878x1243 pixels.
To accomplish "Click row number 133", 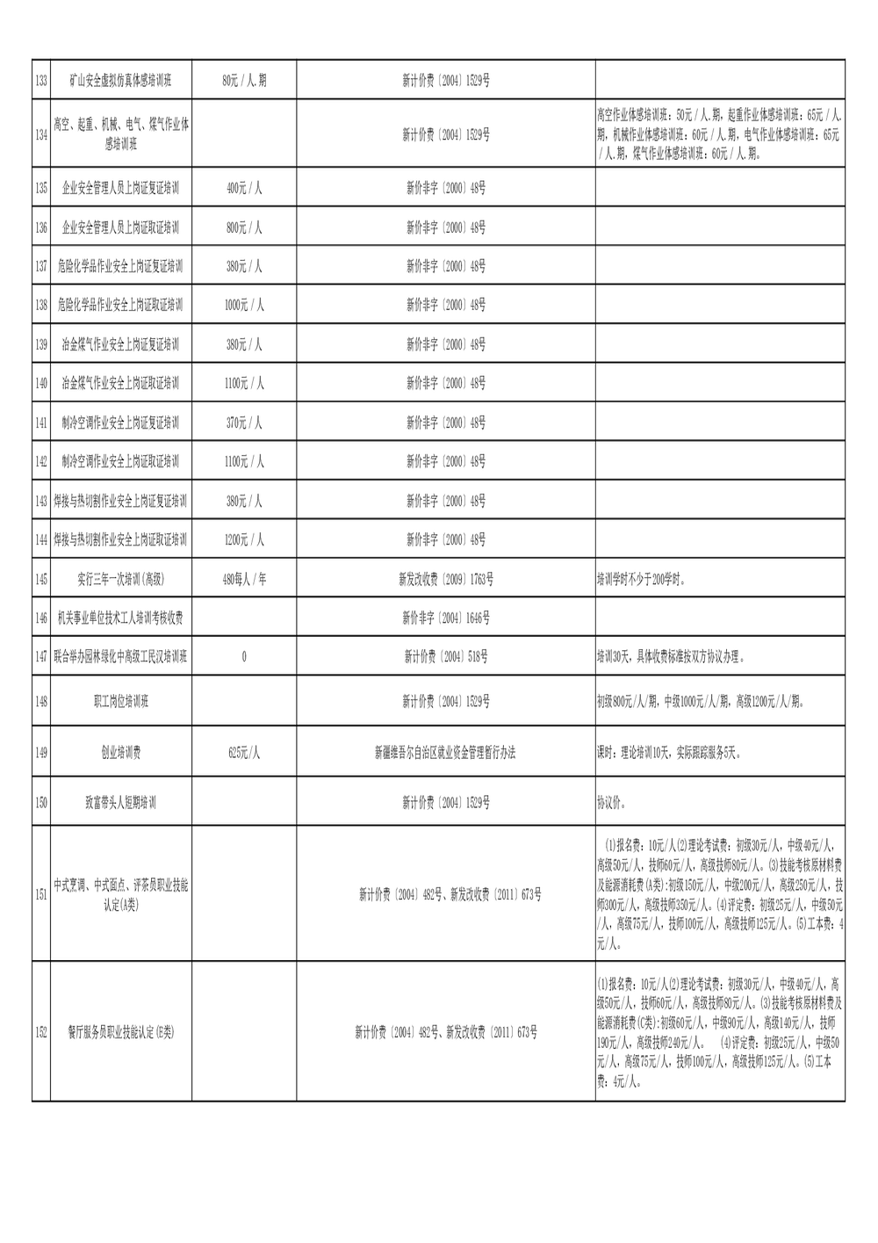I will pyautogui.click(x=41, y=81).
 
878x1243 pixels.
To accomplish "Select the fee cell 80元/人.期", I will pyautogui.click(x=244, y=81).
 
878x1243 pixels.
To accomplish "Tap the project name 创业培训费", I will pyautogui.click(x=121, y=753).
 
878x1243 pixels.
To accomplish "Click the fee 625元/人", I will pyautogui.click(x=244, y=753).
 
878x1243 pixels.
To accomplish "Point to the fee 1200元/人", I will pyautogui.click(x=244, y=539).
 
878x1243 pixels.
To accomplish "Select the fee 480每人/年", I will pyautogui.click(x=244, y=580).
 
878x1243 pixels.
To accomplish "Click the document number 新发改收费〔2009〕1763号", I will pyautogui.click(x=446, y=580).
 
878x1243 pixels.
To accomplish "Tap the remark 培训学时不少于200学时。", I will pyautogui.click(x=642, y=580).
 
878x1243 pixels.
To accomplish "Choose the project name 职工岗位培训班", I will pyautogui.click(x=121, y=702).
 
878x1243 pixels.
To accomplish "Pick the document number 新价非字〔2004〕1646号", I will pyautogui.click(x=446, y=618).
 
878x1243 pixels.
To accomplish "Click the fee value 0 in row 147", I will pyautogui.click(x=244, y=656).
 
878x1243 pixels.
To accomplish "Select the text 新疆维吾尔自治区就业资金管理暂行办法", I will pyautogui.click(x=446, y=753).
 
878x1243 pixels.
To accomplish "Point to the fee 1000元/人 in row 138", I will pyautogui.click(x=244, y=305).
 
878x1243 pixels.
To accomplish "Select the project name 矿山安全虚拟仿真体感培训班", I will pyautogui.click(x=121, y=81).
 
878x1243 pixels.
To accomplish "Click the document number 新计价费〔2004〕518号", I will pyautogui.click(x=446, y=656).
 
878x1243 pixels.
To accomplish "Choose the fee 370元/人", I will pyautogui.click(x=244, y=423).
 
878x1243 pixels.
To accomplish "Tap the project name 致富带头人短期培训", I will pyautogui.click(x=121, y=802).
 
